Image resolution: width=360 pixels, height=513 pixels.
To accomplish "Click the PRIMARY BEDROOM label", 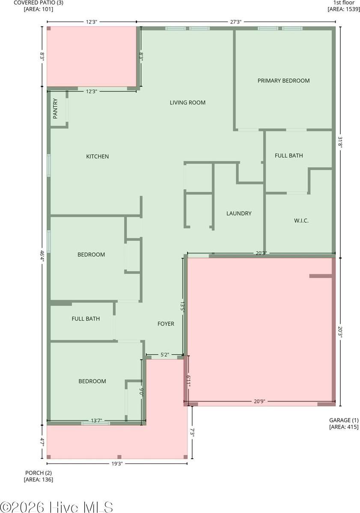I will (283, 80).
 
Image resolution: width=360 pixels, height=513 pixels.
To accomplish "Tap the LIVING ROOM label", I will (187, 102).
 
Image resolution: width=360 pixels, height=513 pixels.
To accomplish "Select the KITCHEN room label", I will (98, 157).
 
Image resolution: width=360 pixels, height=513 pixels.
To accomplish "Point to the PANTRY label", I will (55, 109).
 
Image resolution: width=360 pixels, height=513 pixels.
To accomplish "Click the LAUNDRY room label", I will (239, 214).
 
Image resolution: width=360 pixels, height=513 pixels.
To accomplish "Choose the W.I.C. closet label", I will (301, 221).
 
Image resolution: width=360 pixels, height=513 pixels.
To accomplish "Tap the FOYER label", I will (166, 324).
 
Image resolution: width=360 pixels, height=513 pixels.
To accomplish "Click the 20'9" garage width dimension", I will (260, 401).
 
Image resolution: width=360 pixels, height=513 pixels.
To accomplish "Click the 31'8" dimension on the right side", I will (340, 142).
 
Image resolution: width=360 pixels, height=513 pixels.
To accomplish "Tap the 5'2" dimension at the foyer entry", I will (165, 355).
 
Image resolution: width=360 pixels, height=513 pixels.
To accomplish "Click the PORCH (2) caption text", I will (39, 473).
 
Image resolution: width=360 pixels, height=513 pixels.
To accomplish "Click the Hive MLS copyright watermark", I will (57, 507).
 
